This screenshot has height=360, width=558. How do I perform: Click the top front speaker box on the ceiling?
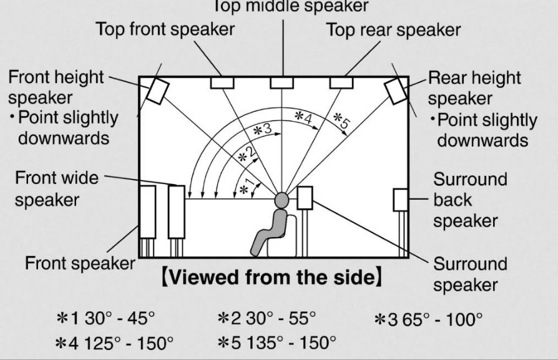coord(222,82)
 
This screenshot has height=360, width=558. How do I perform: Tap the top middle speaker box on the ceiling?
coord(281,82)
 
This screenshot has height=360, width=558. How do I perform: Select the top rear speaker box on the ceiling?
coord(341,82)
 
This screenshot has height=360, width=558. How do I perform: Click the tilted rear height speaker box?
coord(396,90)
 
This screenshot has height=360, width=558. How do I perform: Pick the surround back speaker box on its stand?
coord(401,200)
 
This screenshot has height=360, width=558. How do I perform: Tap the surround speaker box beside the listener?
coord(305,198)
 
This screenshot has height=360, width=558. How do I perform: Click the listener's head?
coord(281,200)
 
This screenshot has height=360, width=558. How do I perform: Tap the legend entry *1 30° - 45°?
coord(105,318)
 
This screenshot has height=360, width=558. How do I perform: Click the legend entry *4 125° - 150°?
coord(115,343)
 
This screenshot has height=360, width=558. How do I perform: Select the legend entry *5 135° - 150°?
coord(277,343)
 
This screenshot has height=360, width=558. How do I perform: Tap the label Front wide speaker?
coord(56,189)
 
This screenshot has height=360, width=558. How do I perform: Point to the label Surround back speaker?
coord(470,200)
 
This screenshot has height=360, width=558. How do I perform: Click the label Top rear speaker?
coord(393,29)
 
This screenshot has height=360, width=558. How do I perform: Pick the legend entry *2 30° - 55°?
coord(267,318)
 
